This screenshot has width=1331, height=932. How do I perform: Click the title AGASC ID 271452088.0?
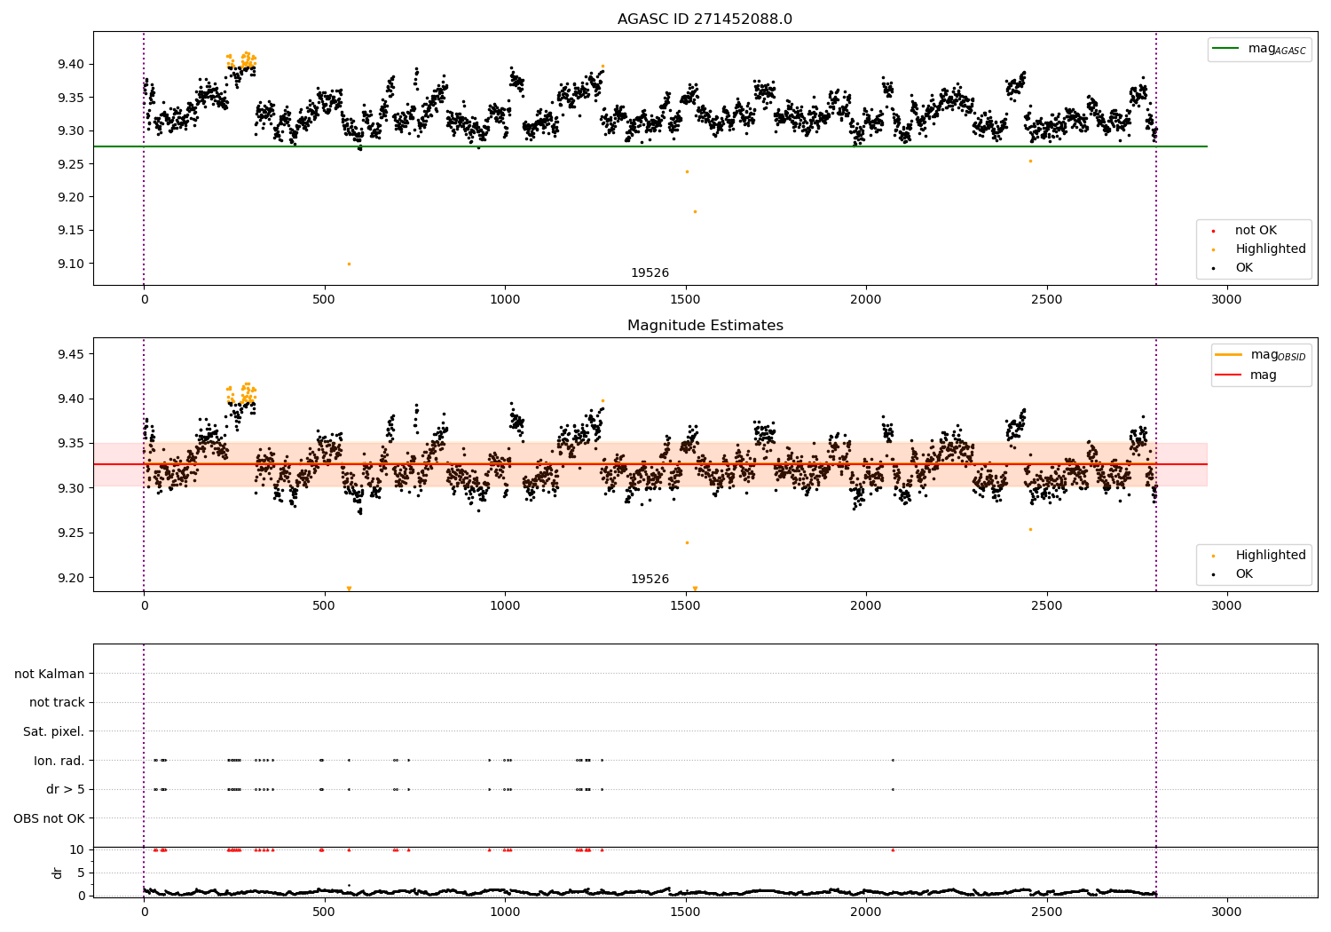tap(705, 19)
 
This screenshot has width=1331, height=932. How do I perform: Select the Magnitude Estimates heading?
tap(705, 325)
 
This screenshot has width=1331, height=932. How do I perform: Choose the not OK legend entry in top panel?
tap(1255, 231)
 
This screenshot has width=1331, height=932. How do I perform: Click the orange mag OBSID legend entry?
tap(1260, 355)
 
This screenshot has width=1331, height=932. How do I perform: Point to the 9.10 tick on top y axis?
tap(72, 264)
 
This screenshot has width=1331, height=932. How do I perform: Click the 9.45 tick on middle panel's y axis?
tap(72, 354)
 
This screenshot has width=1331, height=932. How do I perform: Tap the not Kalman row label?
tap(50, 674)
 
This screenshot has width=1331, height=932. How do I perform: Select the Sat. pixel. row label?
tap(53, 731)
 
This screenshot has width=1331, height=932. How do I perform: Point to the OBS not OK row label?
tap(49, 818)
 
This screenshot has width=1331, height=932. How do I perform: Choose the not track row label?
tap(57, 702)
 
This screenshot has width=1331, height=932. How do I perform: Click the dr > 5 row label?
tap(65, 789)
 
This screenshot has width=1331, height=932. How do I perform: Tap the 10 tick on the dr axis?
tap(78, 849)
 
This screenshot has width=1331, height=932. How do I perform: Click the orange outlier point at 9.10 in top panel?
tap(349, 264)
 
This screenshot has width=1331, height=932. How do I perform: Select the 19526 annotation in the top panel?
tap(650, 272)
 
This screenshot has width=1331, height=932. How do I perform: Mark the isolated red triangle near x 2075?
tap(893, 849)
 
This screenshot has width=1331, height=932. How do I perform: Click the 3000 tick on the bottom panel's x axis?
tap(1227, 911)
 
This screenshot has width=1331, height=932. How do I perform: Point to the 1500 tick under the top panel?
tap(685, 299)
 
